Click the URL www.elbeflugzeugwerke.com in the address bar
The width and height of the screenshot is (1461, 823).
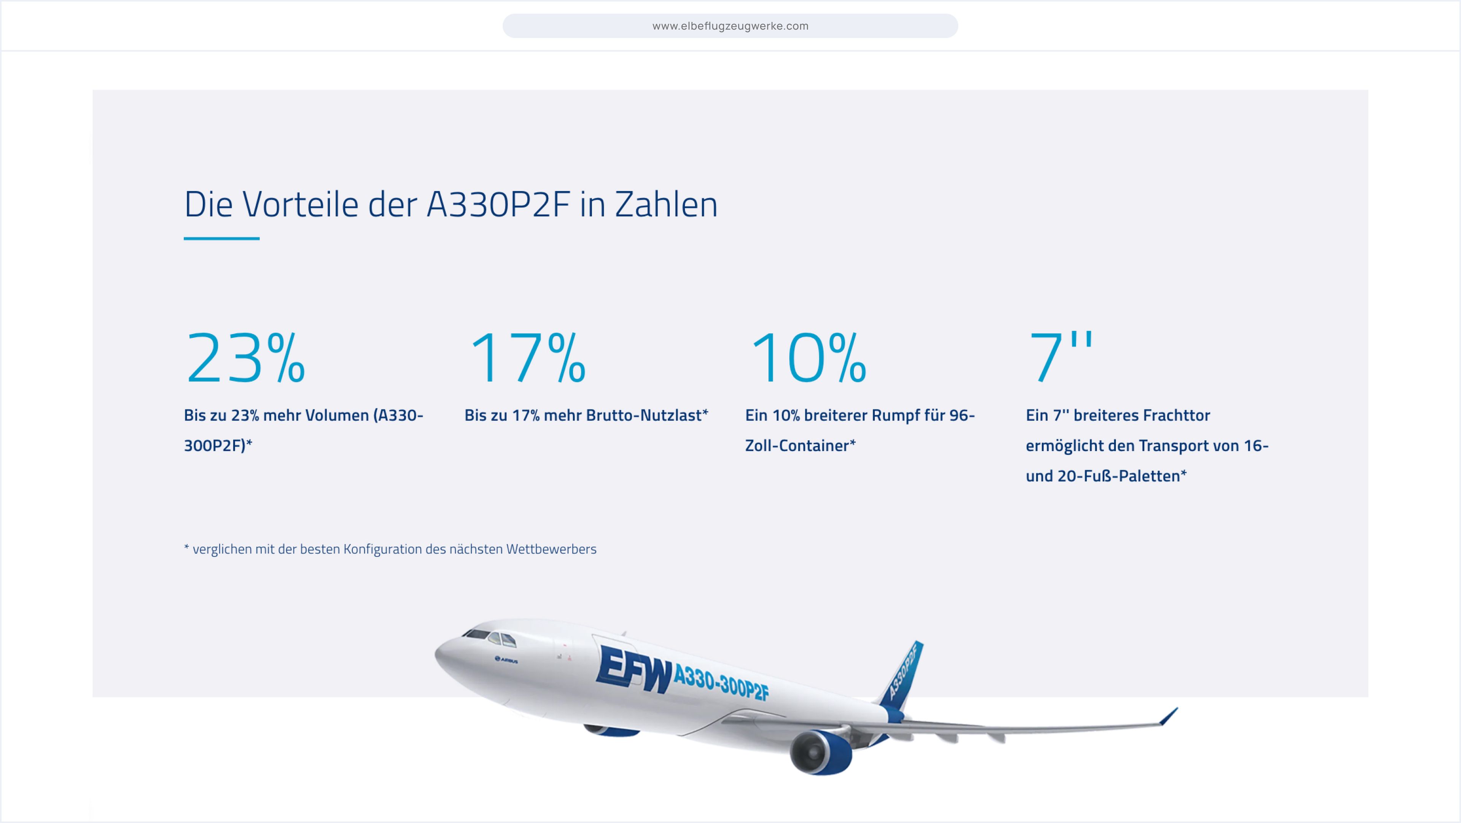point(730,26)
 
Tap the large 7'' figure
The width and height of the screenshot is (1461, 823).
point(1060,357)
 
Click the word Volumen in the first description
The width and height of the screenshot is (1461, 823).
point(339,416)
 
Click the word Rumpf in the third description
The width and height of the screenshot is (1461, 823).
point(895,416)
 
